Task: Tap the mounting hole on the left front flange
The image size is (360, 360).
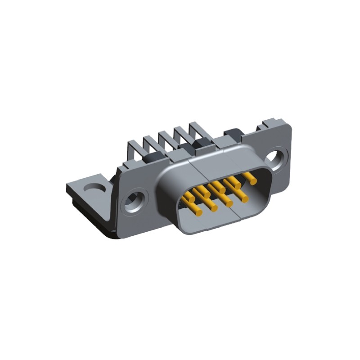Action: click(x=136, y=199)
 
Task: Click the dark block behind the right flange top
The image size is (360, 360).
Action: click(x=233, y=134)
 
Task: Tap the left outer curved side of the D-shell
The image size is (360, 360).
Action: click(x=163, y=198)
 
